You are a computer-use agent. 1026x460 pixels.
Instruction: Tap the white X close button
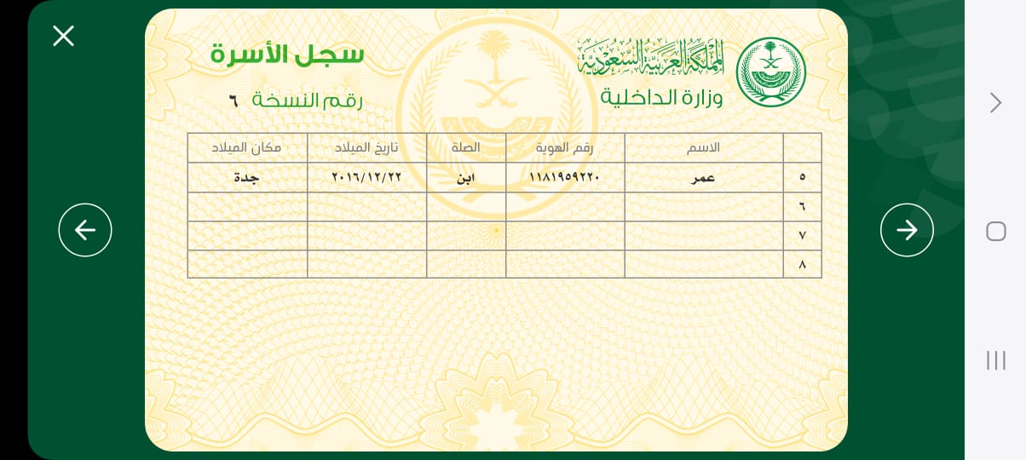[63, 36]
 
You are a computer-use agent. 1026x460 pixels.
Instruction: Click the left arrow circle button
[85, 230]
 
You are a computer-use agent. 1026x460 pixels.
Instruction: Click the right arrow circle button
[907, 230]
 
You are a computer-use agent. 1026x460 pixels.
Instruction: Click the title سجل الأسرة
[287, 55]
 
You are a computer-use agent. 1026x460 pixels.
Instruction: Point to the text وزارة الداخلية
[661, 97]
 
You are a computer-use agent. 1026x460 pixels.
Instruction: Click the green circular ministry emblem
[770, 72]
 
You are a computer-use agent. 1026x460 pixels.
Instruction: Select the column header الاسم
[704, 147]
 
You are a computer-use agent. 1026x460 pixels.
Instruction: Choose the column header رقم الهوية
[565, 147]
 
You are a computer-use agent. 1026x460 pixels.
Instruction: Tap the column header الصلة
[466, 147]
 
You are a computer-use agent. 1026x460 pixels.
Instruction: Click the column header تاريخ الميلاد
[366, 147]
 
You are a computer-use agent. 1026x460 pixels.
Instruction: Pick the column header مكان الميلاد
[247, 147]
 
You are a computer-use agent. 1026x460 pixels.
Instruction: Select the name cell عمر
[704, 177]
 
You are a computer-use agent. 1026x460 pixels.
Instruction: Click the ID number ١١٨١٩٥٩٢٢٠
[565, 177]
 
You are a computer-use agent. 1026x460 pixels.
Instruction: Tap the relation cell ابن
[466, 177]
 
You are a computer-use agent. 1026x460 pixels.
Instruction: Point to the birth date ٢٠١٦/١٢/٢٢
[366, 177]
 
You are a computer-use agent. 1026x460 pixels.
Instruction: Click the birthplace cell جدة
[247, 177]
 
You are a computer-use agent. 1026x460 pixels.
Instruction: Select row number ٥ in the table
[802, 177]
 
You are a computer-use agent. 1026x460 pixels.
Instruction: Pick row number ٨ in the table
[802, 264]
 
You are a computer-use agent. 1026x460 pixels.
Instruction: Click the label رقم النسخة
[308, 101]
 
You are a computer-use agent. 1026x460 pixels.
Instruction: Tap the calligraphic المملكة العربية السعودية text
[650, 56]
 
